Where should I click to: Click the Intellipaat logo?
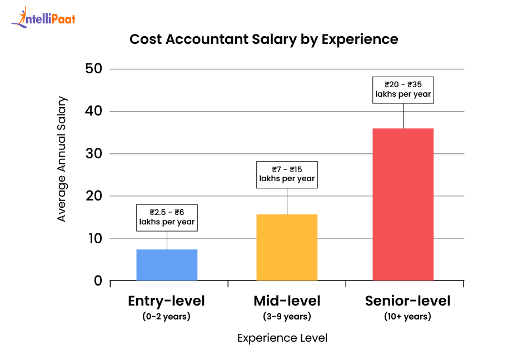coord(43,18)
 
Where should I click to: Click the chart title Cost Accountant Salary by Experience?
coord(263,39)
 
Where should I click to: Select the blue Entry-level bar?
coord(167,265)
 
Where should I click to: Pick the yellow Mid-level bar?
coord(287,247)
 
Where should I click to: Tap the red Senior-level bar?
coord(403,204)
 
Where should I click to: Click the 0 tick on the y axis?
coord(98,281)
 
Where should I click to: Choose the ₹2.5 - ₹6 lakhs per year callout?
coord(167,217)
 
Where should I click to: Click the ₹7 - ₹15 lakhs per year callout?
coord(287,174)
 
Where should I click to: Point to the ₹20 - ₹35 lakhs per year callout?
coord(403,89)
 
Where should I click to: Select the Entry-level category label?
coord(167,301)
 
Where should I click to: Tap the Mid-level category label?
coord(287,301)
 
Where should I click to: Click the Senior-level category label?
coord(407,301)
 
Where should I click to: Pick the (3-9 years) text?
coord(287,317)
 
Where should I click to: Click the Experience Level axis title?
coord(282,338)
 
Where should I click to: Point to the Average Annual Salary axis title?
coord(62,159)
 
